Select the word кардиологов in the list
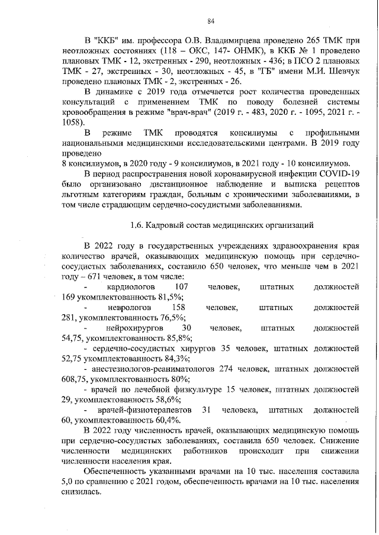coord(130,287)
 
